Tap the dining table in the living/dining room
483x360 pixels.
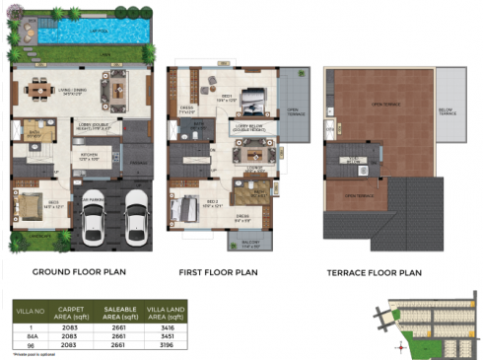(x=40, y=87)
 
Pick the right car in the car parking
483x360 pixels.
(x=135, y=217)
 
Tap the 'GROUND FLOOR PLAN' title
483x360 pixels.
(x=78, y=270)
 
